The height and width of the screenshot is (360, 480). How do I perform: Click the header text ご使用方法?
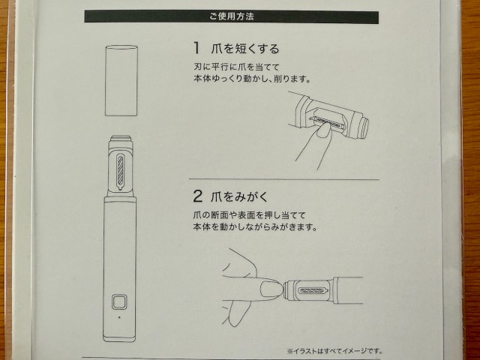pos(232,16)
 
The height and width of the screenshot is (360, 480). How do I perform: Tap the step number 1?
pos(196,48)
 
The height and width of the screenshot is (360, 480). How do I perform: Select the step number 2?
pos(197,196)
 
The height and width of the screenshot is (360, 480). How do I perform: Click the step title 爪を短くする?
pos(245,49)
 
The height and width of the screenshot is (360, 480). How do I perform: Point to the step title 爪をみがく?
pos(239,196)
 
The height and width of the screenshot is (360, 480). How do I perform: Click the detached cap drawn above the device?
pos(121,80)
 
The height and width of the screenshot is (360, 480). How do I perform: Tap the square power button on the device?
pos(119,302)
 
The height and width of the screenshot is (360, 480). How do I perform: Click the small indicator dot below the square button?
pos(119,317)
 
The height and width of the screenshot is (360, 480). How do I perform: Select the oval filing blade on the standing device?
pos(120,172)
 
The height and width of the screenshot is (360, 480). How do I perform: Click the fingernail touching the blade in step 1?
pos(324,130)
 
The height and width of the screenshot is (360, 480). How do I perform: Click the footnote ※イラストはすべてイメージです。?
pos(334,351)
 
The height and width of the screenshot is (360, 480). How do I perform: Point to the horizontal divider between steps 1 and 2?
pos(284,179)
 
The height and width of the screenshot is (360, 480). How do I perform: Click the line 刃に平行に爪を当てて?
pos(237,67)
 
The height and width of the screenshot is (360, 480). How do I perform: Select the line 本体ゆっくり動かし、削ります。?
pos(252,79)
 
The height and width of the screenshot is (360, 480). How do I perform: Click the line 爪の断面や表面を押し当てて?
pos(249,215)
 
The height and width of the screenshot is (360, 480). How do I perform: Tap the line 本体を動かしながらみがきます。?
pos(255,227)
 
